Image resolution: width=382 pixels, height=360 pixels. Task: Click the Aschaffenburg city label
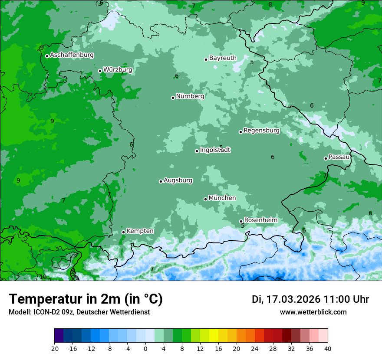click(72, 55)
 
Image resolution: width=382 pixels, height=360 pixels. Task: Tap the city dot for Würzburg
click(100, 71)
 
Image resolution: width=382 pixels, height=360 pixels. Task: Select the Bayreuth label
click(223, 58)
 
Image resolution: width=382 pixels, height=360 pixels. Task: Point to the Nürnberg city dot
click(173, 98)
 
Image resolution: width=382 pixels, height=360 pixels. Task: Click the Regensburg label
click(261, 130)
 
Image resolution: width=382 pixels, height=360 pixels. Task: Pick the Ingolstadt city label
click(215, 150)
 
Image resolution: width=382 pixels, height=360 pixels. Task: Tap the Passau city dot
click(326, 158)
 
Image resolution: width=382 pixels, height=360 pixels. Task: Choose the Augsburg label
click(178, 180)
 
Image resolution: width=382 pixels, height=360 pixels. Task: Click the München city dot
click(205, 199)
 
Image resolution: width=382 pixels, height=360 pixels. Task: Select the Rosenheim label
click(260, 220)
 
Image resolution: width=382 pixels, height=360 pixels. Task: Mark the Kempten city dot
click(123, 232)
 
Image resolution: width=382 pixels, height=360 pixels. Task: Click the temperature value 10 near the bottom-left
click(43, 277)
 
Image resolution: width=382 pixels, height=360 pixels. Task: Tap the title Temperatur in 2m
click(86, 299)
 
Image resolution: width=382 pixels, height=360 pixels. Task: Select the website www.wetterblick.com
click(313, 312)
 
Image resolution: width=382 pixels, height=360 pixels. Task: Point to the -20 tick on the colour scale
click(54, 349)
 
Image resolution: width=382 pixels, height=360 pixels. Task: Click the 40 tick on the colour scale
click(327, 349)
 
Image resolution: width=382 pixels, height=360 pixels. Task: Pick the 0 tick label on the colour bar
click(145, 349)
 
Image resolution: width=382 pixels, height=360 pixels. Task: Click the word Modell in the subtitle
click(19, 312)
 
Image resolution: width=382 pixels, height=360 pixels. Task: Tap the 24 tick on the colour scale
click(255, 349)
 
